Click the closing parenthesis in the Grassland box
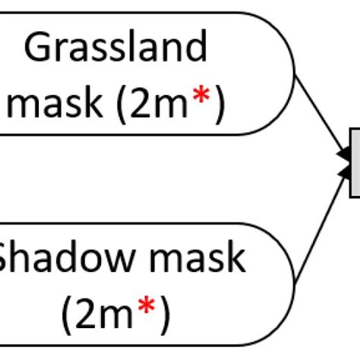click(x=219, y=106)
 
